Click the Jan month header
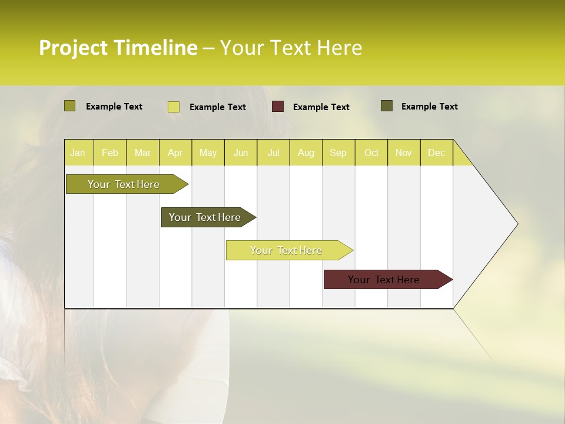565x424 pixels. tap(78, 153)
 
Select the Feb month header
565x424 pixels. tap(110, 153)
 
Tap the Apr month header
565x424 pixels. tap(175, 153)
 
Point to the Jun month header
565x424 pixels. tap(241, 153)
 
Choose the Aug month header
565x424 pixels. tap(305, 153)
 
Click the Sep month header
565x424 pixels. tap(338, 153)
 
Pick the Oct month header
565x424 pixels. tap(371, 153)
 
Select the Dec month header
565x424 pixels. tap(436, 153)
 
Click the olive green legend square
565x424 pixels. tap(69, 106)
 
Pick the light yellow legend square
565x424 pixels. tap(173, 107)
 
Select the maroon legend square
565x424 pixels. tap(278, 107)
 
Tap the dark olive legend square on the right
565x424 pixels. tap(386, 106)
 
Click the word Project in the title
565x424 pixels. tap(73, 48)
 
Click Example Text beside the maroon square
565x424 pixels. tap(321, 107)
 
